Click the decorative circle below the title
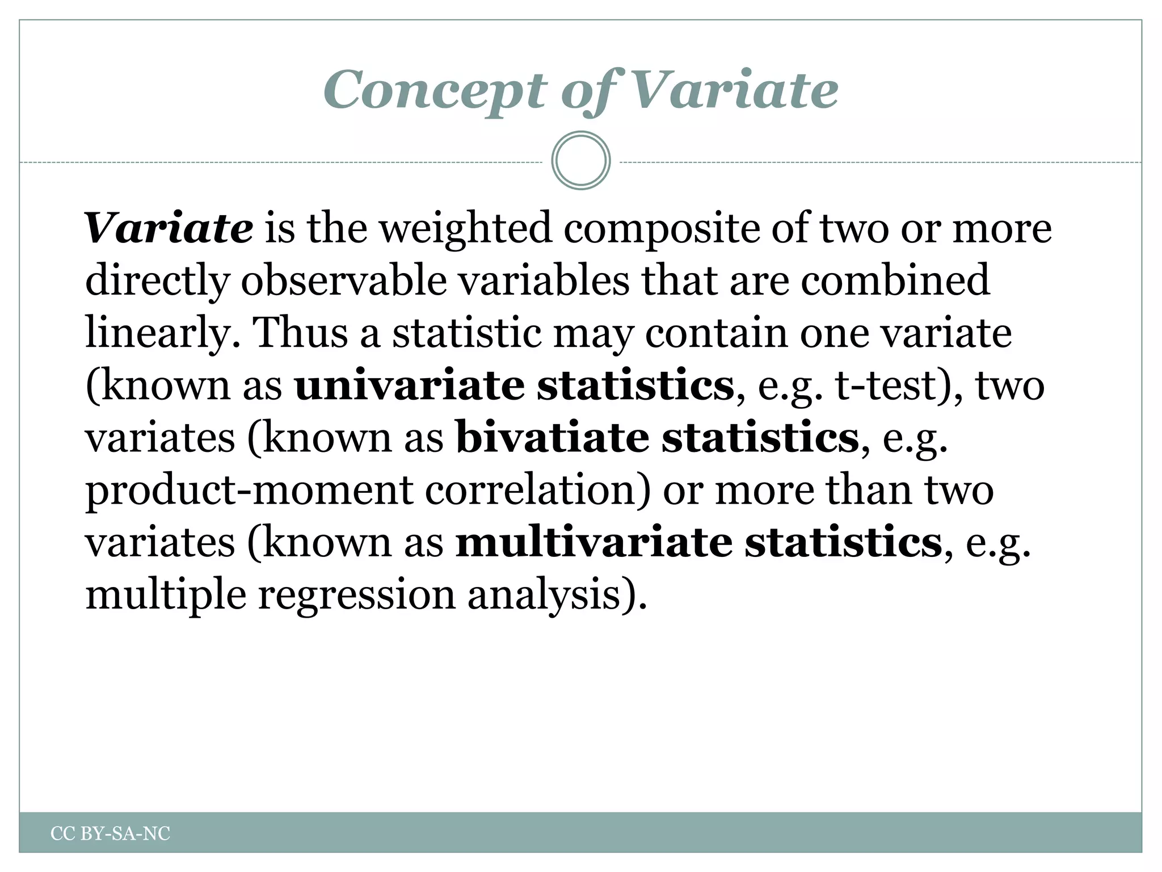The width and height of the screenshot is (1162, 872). point(580,161)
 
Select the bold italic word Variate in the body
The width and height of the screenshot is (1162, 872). point(169,228)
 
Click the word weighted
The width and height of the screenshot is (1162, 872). point(465,228)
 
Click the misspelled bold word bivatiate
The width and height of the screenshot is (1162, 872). point(553,438)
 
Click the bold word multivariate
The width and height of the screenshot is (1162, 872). point(593,543)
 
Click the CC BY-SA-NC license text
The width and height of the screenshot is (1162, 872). point(110,833)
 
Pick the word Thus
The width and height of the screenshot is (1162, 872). point(301,333)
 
